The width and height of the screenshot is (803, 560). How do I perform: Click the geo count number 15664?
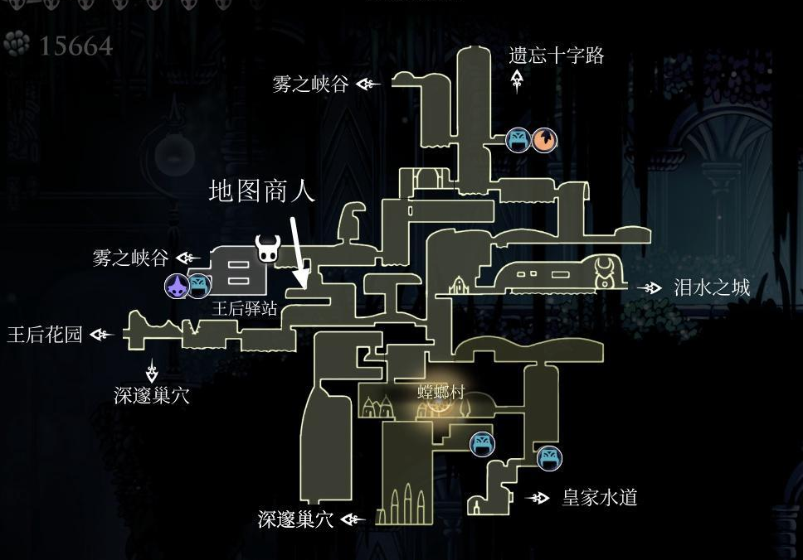coord(75,46)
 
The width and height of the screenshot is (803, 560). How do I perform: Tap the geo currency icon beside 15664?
coord(17,43)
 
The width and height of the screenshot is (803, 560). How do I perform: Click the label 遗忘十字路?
coord(556,56)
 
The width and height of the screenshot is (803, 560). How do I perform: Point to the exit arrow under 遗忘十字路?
coord(517,81)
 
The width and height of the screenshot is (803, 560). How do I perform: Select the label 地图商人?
coord(261,191)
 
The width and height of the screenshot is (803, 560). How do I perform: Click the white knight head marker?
coord(268,249)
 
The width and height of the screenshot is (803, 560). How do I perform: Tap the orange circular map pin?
coord(544,140)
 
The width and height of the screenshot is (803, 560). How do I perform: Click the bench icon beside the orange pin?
coord(518,140)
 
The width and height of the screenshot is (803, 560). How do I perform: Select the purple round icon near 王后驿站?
coord(178,286)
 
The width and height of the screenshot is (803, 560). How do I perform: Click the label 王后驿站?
coord(245,308)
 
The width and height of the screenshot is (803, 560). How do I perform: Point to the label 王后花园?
coord(45,335)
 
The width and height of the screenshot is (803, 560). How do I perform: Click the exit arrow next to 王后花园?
coord(101,335)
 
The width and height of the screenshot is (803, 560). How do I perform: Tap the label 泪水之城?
coord(712,288)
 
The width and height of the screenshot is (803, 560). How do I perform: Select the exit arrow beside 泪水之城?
coord(650,288)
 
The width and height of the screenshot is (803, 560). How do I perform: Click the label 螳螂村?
coord(441,393)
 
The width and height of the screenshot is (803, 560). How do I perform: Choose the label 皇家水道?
coord(600,497)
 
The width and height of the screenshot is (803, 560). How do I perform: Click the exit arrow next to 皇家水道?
coord(538,498)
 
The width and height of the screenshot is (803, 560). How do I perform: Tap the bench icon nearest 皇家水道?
coord(549,459)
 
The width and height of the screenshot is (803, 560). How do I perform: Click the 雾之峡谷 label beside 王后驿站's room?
coord(130,258)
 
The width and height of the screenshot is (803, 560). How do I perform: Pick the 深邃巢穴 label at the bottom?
coord(295,519)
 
